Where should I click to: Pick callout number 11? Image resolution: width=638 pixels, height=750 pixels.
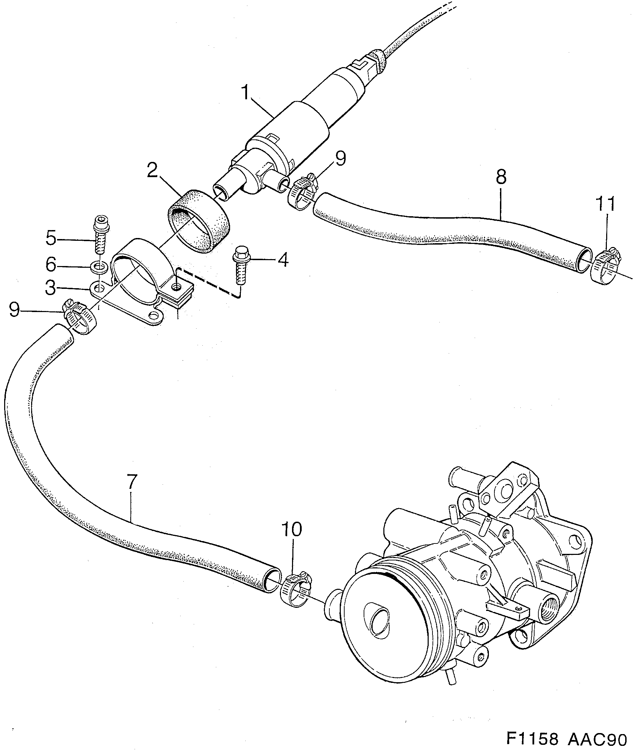point(606,204)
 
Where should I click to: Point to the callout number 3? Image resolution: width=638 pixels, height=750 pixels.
point(51,288)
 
